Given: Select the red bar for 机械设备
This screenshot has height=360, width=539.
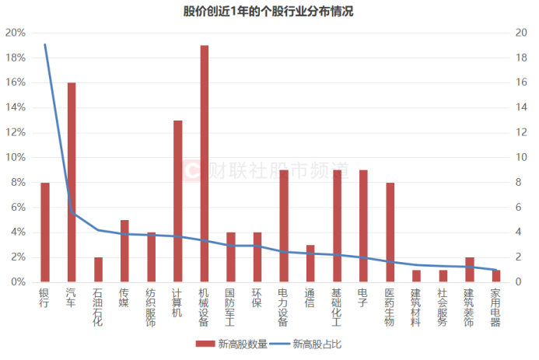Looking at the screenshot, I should click(x=205, y=163).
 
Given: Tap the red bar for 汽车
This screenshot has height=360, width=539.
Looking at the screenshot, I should click(x=72, y=182).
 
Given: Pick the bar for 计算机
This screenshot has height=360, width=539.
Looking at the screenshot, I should click(x=178, y=201).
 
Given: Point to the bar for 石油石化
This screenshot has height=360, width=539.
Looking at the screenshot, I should click(x=98, y=269).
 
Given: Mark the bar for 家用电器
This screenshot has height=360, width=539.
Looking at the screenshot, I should click(x=496, y=275).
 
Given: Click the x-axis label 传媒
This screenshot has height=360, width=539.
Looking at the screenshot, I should click(x=124, y=298).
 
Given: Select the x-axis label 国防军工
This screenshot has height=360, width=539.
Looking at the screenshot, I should click(x=230, y=307).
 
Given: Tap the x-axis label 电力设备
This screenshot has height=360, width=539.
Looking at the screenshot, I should click(x=284, y=307).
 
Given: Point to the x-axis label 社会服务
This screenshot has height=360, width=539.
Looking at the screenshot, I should click(x=443, y=307).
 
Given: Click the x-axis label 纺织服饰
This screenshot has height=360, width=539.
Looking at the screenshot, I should click(x=151, y=307).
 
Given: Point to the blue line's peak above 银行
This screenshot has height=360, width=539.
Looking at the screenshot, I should click(x=45, y=45).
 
